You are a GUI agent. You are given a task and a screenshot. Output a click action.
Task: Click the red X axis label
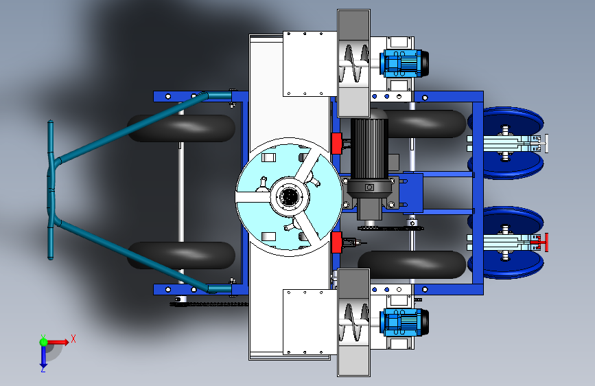pos(73,339)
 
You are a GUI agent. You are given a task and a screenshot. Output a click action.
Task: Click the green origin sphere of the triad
pos(44,342)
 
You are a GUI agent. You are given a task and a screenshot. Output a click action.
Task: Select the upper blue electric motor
pos(404,63)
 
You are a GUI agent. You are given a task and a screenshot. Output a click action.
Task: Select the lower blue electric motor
pos(404,322)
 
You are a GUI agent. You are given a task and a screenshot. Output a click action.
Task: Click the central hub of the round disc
pos(290,196)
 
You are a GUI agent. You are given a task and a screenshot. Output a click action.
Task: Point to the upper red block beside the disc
pos(336,144)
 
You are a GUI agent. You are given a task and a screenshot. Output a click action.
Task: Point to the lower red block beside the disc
pos(336,242)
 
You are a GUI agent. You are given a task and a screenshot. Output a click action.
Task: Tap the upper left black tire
pos(181,128)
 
